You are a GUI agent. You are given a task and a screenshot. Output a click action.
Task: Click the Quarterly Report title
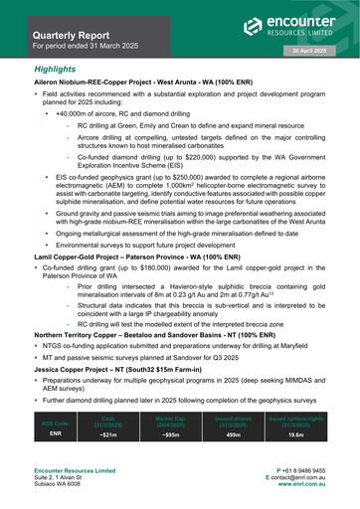click(76, 32)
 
